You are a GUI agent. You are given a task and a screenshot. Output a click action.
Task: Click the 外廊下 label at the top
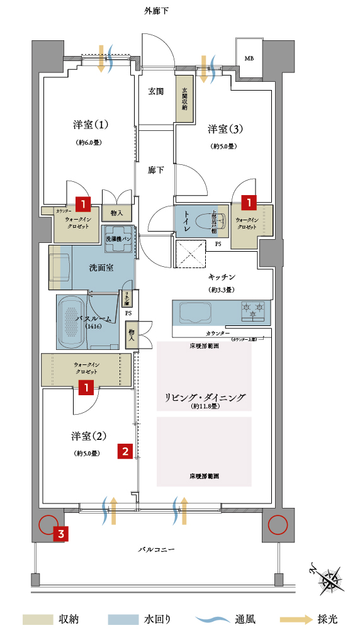tap(156, 11)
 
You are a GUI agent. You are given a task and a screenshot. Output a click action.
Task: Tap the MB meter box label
tap(249, 59)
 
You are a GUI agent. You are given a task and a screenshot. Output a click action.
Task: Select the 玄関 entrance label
tap(155, 91)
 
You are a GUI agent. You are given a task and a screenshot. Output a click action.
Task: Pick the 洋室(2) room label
tap(86, 436)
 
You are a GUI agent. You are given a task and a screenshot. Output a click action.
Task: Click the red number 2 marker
tap(126, 451)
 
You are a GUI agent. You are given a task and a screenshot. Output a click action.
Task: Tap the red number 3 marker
tap(60, 534)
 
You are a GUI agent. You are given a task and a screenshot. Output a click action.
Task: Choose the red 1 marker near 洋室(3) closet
tap(250, 203)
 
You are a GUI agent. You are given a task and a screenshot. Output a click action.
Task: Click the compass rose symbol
tap(330, 578)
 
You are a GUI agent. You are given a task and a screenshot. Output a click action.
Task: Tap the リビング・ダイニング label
tap(204, 397)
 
